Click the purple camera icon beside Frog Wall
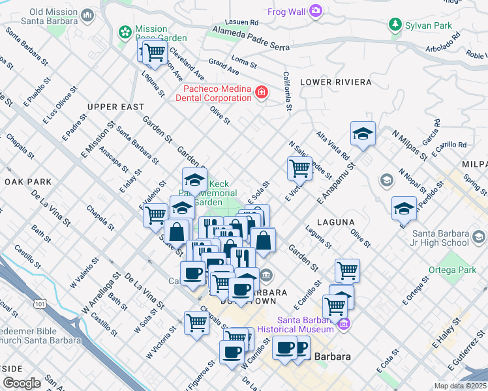coord(316,10)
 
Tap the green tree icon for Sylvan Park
coord(394,25)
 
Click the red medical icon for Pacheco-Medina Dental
coord(262,93)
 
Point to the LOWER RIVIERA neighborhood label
coord(335,82)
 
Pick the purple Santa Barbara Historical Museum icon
coord(343,323)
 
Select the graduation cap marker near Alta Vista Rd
coord(363,134)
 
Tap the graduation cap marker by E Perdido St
coord(404,209)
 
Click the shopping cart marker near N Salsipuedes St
coord(299,167)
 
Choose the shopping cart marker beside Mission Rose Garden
coord(155,54)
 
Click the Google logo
coord(22,383)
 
